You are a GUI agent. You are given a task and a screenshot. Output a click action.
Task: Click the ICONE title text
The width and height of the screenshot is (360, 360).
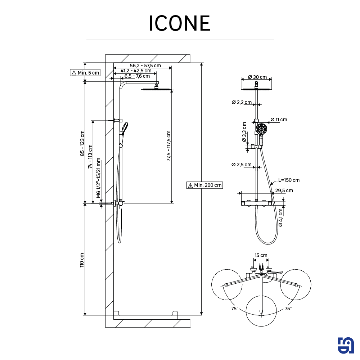point(180,24)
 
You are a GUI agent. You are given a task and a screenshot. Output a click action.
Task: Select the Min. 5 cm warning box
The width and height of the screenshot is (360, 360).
point(85,73)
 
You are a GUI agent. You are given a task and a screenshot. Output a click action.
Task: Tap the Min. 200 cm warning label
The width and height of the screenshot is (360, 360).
point(204,185)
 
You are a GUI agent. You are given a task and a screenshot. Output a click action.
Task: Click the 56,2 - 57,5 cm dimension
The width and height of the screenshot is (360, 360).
point(145,66)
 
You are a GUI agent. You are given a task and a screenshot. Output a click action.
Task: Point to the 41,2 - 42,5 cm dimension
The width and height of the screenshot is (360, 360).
point(136,71)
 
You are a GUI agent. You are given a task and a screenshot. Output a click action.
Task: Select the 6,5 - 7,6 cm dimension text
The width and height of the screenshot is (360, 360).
point(137,76)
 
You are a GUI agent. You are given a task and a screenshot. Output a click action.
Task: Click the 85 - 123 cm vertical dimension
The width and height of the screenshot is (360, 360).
point(82,143)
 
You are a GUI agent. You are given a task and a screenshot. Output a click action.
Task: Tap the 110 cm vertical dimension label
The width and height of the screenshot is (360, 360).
point(82,260)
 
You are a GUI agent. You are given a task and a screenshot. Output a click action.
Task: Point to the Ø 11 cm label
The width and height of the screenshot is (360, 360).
point(279,120)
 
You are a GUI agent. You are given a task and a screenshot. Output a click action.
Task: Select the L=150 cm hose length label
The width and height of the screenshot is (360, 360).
point(289,180)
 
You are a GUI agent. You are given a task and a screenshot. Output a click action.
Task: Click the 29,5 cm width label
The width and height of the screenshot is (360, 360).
point(284,190)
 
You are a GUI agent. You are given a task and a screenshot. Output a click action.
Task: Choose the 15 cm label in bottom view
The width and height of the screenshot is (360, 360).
point(261,256)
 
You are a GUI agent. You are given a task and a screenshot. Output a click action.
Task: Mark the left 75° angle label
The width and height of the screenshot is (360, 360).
point(235,309)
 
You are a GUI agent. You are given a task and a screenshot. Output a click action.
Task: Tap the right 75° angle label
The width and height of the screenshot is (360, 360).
point(288,309)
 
